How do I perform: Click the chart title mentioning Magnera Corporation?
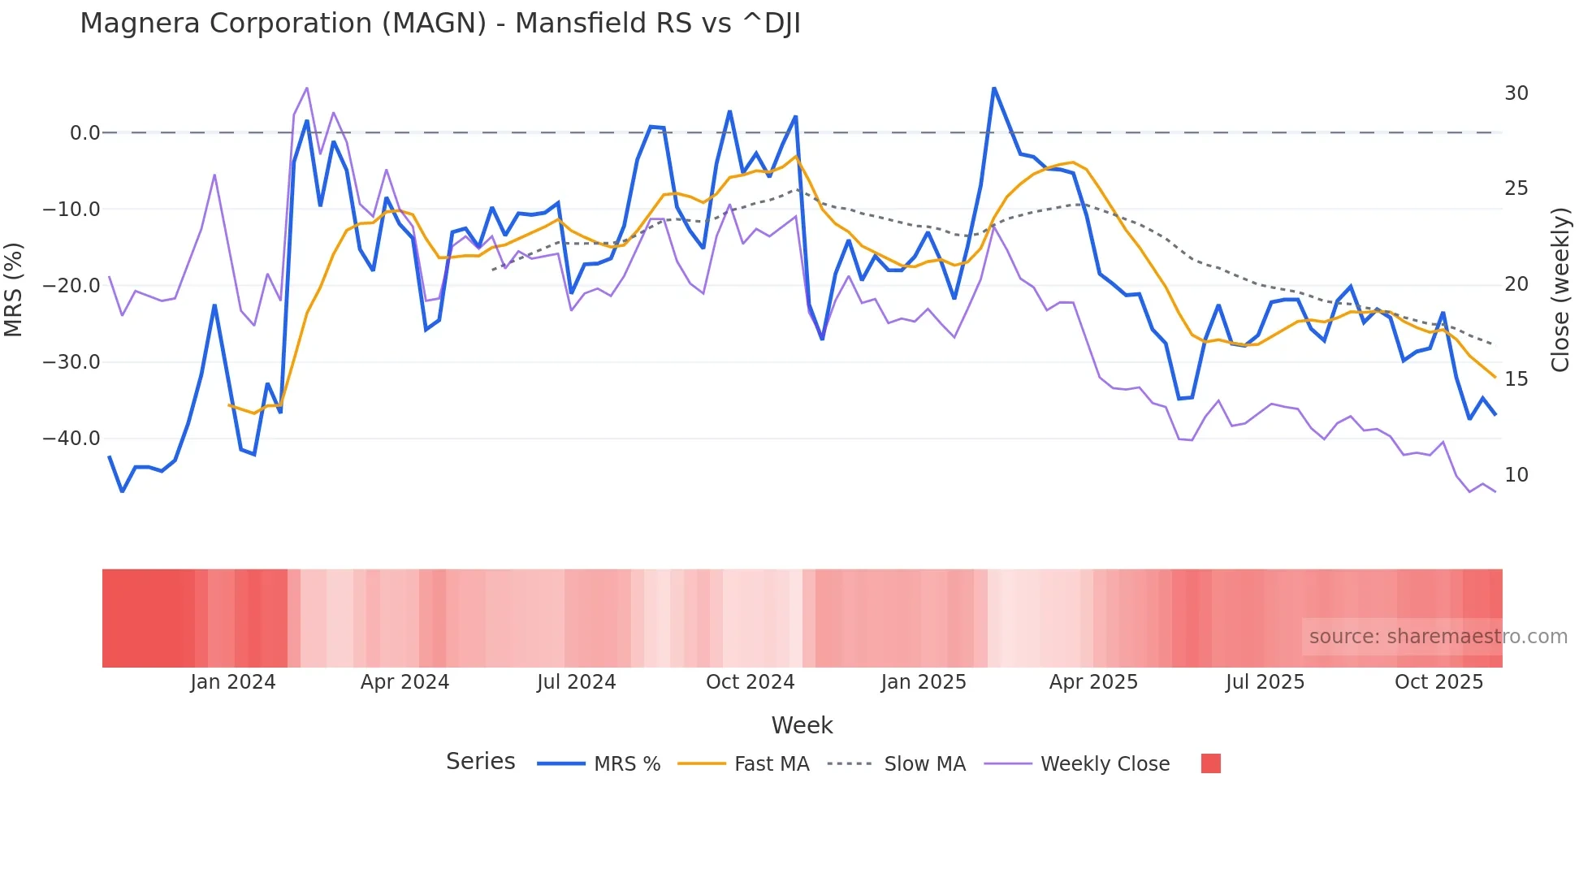pos(439,24)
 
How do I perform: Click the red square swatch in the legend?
pos(1210,763)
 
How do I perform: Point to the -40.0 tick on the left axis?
pos(71,439)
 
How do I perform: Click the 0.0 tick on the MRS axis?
pos(84,133)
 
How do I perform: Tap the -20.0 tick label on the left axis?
pos(71,286)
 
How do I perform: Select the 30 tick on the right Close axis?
pos(1516,93)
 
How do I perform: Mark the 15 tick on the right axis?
pos(1516,379)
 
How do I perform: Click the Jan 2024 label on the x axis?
pos(233,682)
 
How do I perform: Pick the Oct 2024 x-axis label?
pos(750,682)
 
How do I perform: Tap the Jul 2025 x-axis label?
pos(1265,682)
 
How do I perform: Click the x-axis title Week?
pos(802,725)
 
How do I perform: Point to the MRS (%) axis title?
pos(14,289)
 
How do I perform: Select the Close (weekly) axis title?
pos(1560,290)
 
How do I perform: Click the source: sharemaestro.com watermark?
pos(1438,637)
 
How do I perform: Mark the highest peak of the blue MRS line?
pos(993,88)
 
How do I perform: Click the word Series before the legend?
pos(480,762)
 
